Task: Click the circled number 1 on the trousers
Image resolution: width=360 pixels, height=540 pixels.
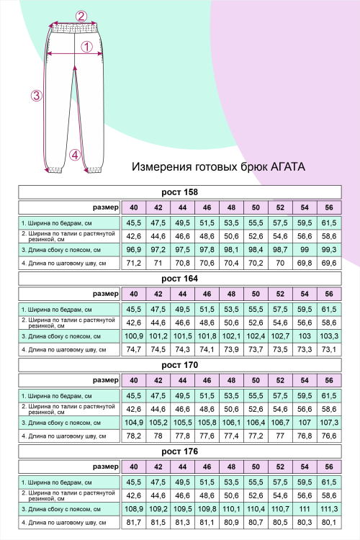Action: (86, 48)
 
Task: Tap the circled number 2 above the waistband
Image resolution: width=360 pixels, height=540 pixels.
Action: (81, 17)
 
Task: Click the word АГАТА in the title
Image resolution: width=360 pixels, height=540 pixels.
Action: (285, 166)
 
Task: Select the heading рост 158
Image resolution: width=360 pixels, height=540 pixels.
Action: (179, 192)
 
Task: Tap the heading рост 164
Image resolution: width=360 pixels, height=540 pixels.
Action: (179, 279)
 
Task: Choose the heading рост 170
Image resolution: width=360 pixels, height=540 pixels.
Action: (179, 365)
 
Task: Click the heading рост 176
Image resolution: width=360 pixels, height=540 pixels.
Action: (179, 451)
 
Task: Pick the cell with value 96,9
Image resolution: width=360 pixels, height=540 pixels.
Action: (133, 249)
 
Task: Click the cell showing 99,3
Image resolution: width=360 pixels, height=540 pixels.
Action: (329, 249)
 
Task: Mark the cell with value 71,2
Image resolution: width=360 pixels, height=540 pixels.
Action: (133, 263)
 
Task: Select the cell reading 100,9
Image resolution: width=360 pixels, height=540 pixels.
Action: (133, 336)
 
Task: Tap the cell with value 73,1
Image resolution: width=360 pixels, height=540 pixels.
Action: (329, 349)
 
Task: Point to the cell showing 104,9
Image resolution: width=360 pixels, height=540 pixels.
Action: (133, 422)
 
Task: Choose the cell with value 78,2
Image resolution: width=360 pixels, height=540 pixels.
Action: (133, 436)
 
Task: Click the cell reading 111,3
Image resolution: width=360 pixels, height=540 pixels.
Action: (329, 508)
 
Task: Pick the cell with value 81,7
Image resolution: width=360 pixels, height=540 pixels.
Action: (133, 522)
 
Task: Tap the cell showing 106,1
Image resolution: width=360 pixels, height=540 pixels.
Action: (231, 422)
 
